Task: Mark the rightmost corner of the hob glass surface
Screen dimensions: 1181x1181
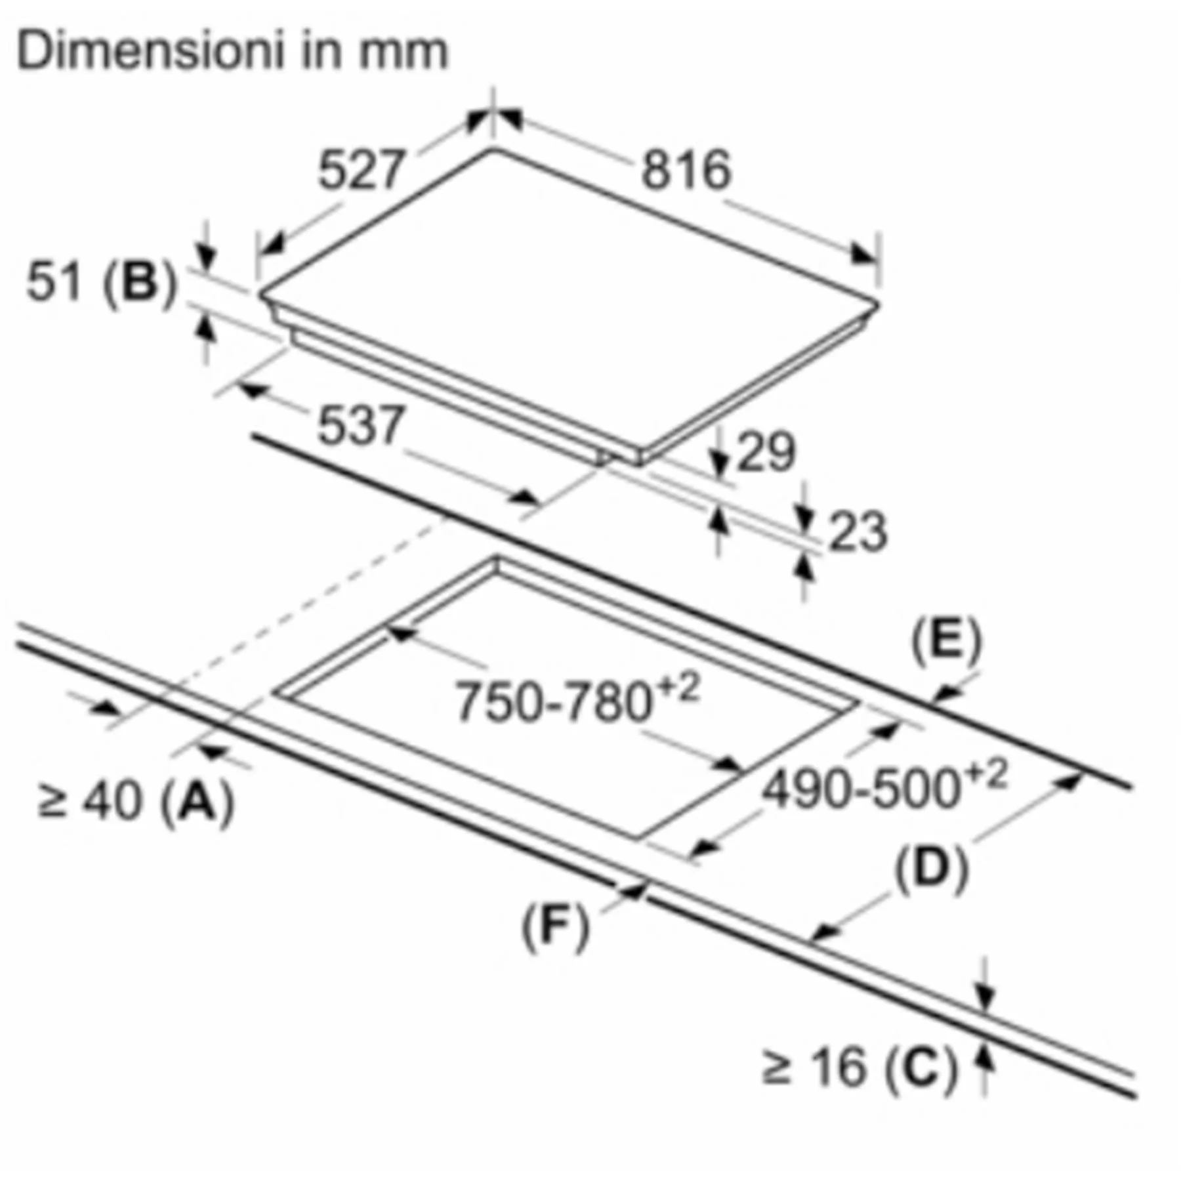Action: (878, 304)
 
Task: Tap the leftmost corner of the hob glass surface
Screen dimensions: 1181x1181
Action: (260, 295)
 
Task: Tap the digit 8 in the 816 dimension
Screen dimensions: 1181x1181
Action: (657, 169)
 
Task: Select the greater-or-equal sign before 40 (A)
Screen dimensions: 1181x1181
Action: (52, 802)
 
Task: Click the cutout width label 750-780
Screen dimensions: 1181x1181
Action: (577, 698)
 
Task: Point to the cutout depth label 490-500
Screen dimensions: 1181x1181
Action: (884, 784)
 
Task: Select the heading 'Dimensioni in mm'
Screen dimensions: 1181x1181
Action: (232, 51)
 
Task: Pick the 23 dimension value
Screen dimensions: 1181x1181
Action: (858, 531)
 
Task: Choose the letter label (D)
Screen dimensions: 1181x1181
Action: (932, 869)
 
